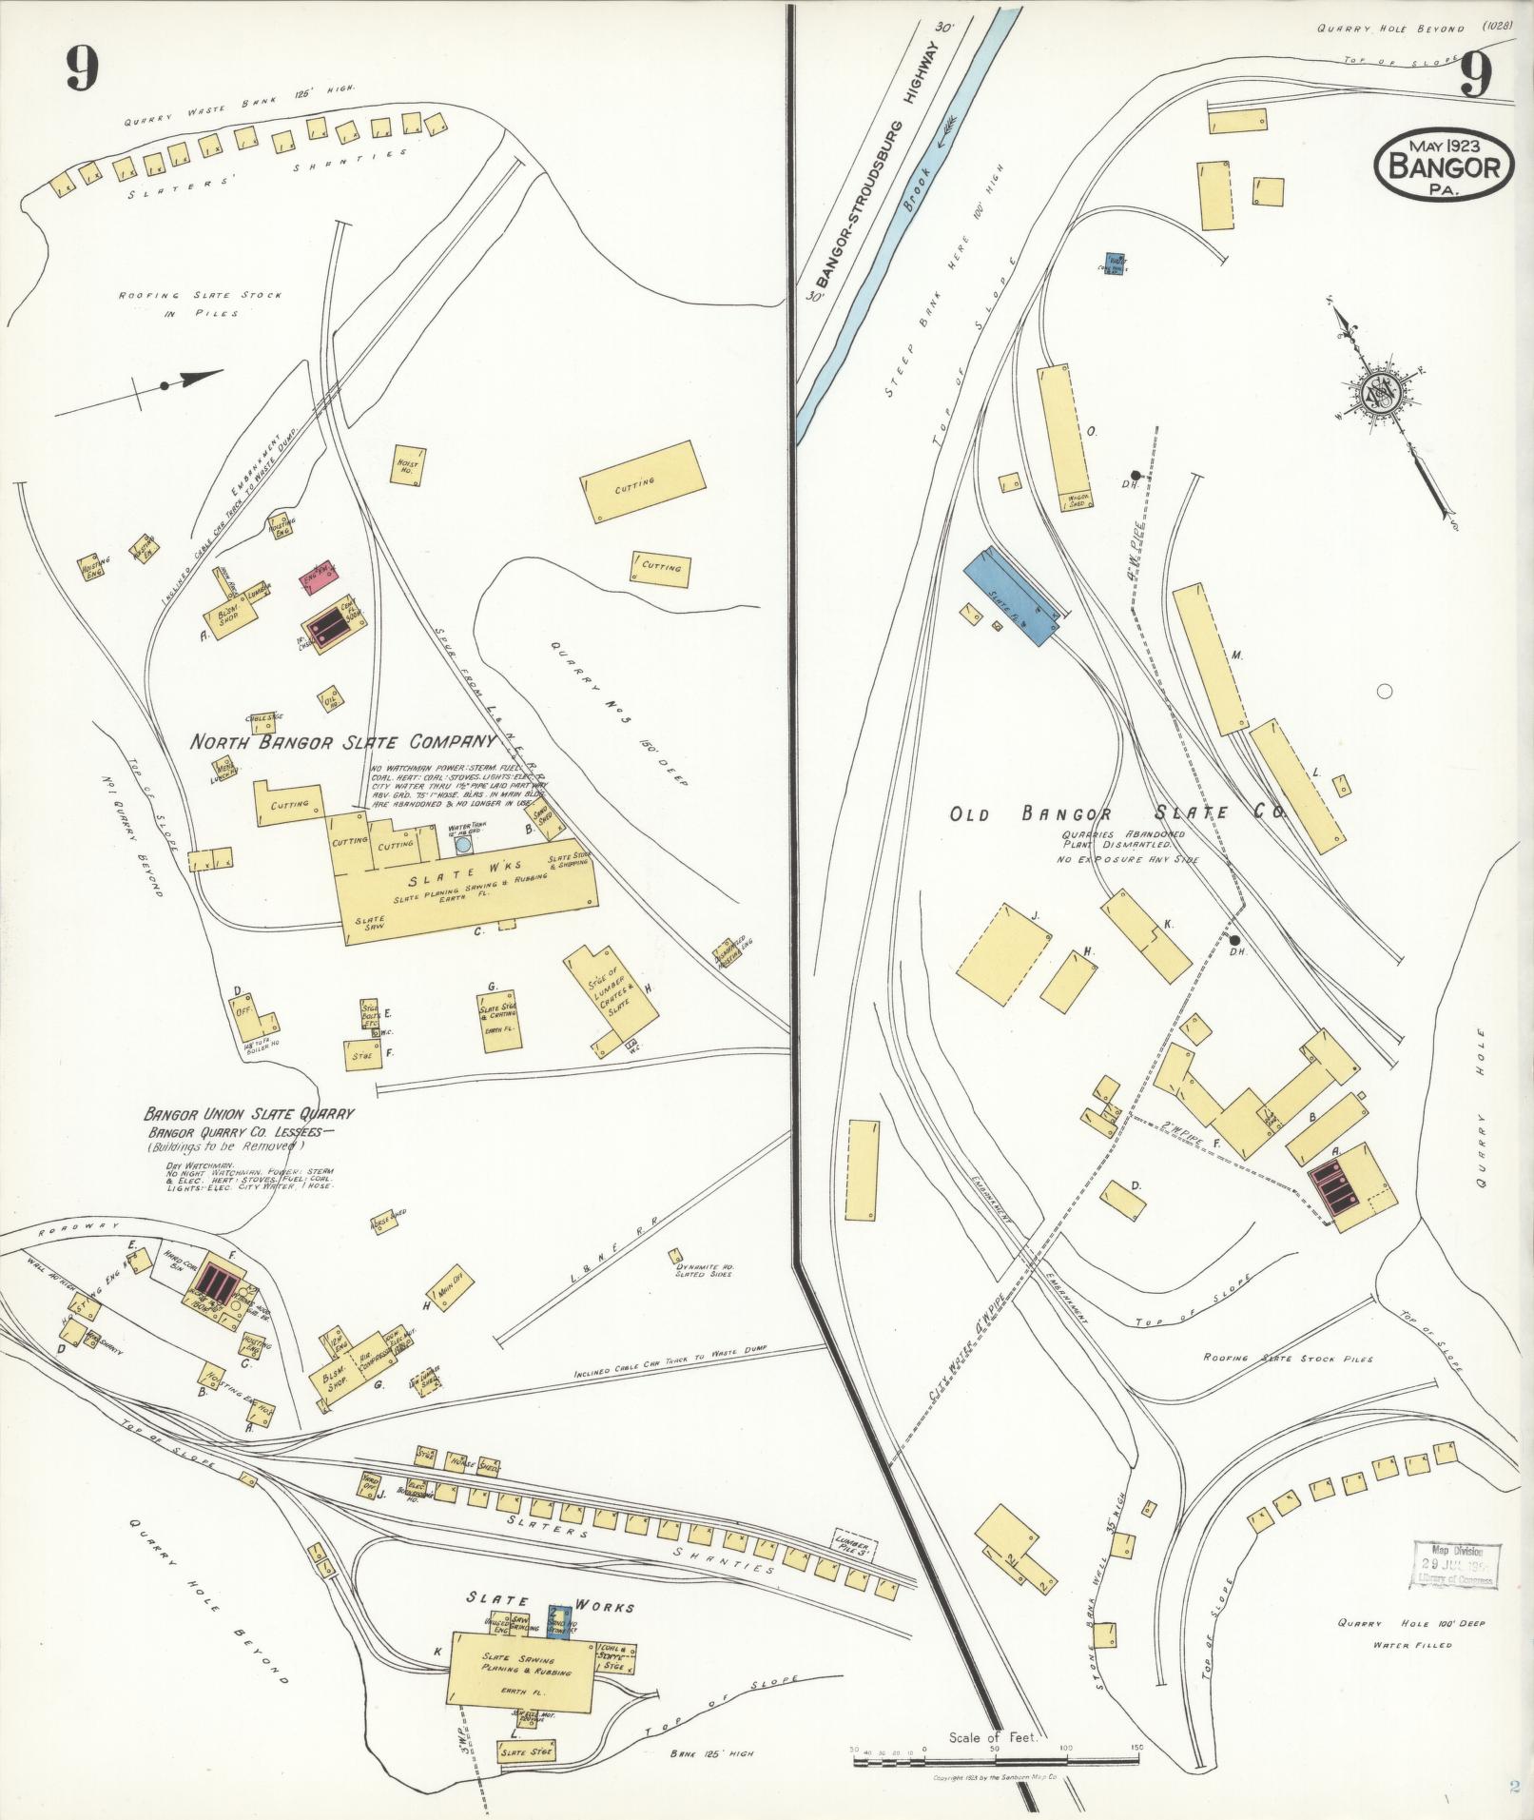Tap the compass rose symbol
point(1377,390)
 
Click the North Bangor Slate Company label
point(342,741)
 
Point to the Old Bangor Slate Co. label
point(1117,813)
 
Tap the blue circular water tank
point(463,845)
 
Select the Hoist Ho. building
point(408,466)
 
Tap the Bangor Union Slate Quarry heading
point(249,1113)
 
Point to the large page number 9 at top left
point(83,68)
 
